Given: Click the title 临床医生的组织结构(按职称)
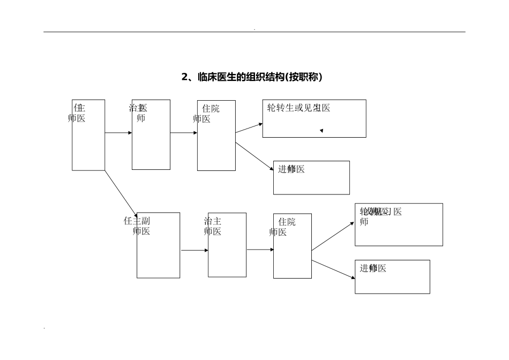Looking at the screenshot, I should [x=252, y=77].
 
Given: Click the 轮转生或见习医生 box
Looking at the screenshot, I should [x=314, y=118].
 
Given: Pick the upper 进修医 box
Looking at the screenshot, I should [x=311, y=177].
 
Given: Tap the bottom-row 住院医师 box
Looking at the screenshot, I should [x=293, y=246].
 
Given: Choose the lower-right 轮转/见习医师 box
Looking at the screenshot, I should [x=399, y=224].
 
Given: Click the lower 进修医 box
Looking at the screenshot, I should [x=392, y=276].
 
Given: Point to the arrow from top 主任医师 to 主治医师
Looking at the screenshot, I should [x=118, y=132].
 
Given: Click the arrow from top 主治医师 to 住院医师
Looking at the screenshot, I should [x=184, y=132].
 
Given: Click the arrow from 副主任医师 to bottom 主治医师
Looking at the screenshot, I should [x=194, y=250].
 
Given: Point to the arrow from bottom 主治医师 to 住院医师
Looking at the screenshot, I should [x=260, y=250].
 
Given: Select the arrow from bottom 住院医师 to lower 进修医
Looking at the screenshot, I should [x=333, y=269].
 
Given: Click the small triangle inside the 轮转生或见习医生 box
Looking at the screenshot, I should [x=321, y=130].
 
